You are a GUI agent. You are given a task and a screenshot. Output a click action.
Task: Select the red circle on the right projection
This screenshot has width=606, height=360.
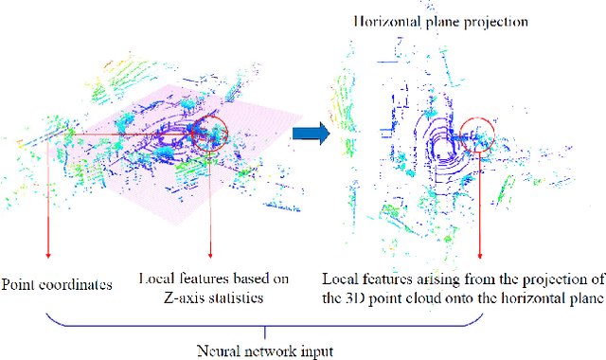(x=480, y=135)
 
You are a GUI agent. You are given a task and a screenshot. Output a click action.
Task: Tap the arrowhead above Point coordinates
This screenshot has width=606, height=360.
(x=46, y=257)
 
